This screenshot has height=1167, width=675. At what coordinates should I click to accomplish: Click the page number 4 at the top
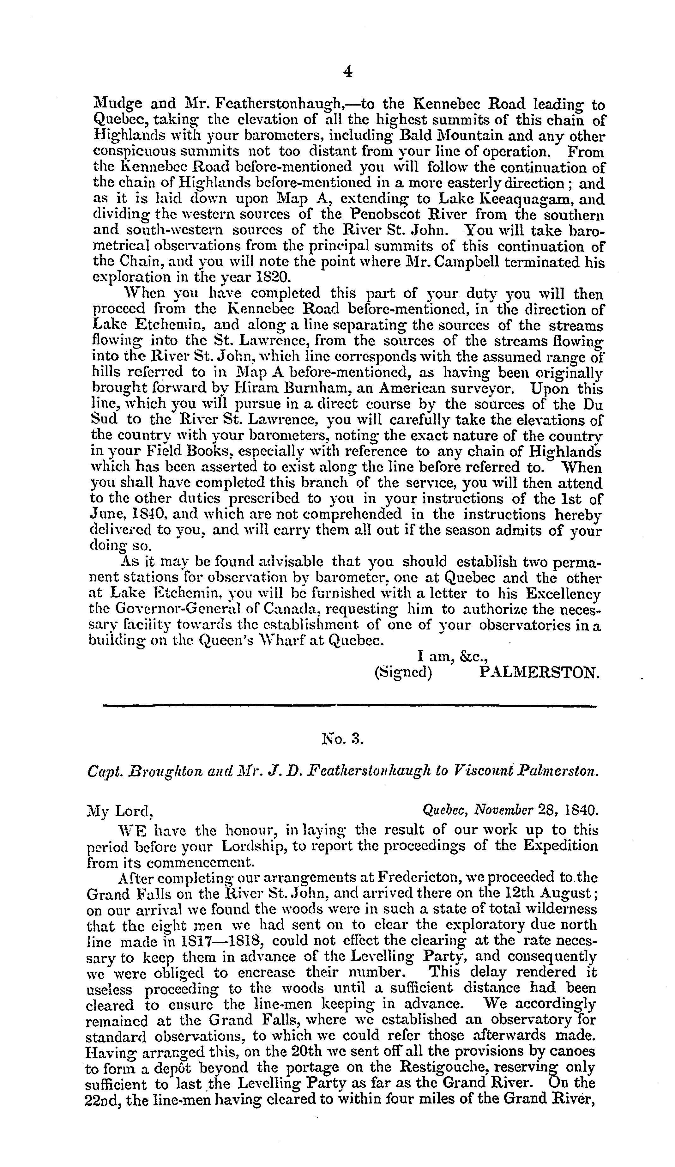[348, 71]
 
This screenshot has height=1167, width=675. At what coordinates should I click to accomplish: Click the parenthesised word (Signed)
[403, 672]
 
